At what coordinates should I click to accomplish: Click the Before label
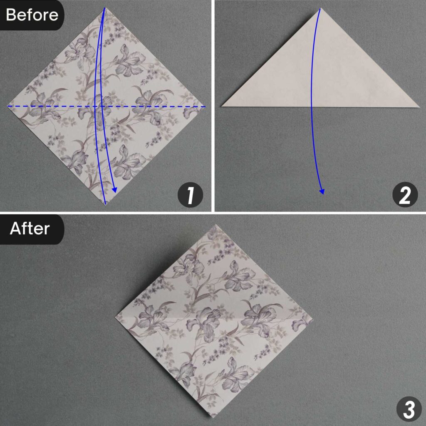pyautogui.click(x=32, y=15)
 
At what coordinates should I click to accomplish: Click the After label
pyautogui.click(x=30, y=229)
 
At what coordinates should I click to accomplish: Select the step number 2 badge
pyautogui.click(x=405, y=196)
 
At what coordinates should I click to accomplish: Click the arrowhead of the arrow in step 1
pyautogui.click(x=115, y=191)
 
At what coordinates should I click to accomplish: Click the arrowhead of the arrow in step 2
pyautogui.click(x=322, y=191)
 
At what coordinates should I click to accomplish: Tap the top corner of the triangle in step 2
pyautogui.click(x=320, y=9)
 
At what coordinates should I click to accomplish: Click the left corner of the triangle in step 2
pyautogui.click(x=223, y=106)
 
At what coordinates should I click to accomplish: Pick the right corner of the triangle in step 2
pyautogui.click(x=418, y=106)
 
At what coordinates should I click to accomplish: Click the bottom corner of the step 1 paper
pyautogui.click(x=106, y=205)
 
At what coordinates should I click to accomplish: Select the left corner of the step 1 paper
pyautogui.click(x=8, y=106)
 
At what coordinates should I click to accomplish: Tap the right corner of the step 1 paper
pyautogui.click(x=206, y=106)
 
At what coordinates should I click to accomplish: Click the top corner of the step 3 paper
pyautogui.click(x=214, y=225)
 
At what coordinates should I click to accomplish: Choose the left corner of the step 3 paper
pyautogui.click(x=115, y=318)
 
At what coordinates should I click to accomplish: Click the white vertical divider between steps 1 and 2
pyautogui.click(x=213, y=104)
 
